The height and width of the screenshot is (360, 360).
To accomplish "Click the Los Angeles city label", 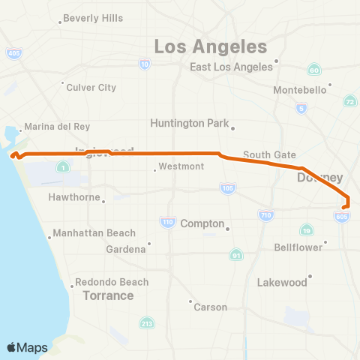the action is pyautogui.click(x=211, y=46).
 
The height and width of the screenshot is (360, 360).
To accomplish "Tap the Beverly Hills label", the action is pyautogui.click(x=93, y=18).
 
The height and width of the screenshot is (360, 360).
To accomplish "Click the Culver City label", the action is pyautogui.click(x=91, y=87).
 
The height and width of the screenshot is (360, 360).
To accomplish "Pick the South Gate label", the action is pyautogui.click(x=269, y=154).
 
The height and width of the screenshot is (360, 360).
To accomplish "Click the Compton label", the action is pyautogui.click(x=202, y=223).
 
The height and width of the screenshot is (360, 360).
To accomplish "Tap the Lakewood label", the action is pyautogui.click(x=283, y=283).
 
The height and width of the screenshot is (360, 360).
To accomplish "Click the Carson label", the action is pyautogui.click(x=210, y=307).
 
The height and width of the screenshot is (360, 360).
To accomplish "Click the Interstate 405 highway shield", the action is pyautogui.click(x=13, y=53).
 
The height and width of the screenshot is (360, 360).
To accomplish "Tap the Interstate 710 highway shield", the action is pyautogui.click(x=267, y=216).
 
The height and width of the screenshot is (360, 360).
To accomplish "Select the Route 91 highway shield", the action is pyautogui.click(x=236, y=255).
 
